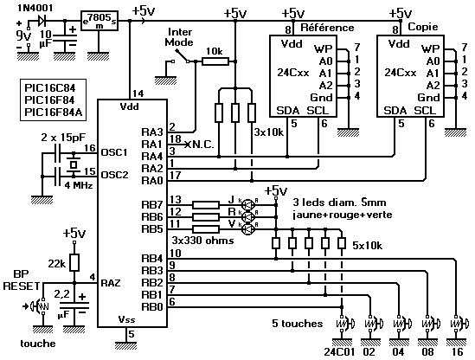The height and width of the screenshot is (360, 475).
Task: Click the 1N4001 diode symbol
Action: pos(42,21)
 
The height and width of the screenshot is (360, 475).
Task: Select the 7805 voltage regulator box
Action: pos(99,21)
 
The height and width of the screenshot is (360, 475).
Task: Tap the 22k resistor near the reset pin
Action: pos(74,262)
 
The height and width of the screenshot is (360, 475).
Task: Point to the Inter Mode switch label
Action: pos(179,37)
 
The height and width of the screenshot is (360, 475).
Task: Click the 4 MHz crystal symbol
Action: pos(74,164)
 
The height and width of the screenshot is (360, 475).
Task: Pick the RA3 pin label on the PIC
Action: pos(152,132)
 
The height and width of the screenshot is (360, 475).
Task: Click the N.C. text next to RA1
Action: pos(202,145)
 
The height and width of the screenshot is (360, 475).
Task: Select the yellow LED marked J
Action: pos(248,205)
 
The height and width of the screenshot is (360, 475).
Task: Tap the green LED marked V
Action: pos(248,229)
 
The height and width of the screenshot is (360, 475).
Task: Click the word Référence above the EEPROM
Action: pos(327,28)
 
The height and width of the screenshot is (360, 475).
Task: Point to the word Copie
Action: pos(423,27)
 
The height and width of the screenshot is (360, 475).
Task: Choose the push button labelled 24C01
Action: pos(344,324)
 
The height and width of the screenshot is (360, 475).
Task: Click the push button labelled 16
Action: pos(458,324)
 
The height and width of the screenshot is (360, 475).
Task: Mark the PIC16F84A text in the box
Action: pos(54,112)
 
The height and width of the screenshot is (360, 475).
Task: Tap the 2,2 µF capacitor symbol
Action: pos(74,305)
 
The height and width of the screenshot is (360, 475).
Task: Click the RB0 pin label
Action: pos(152,307)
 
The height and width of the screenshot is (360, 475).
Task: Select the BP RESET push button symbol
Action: pos(40,306)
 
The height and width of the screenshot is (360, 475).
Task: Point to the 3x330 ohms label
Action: pos(203,241)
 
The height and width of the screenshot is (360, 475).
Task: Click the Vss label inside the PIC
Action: pos(126,319)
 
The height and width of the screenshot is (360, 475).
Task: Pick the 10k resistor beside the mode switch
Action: pos(215,61)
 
